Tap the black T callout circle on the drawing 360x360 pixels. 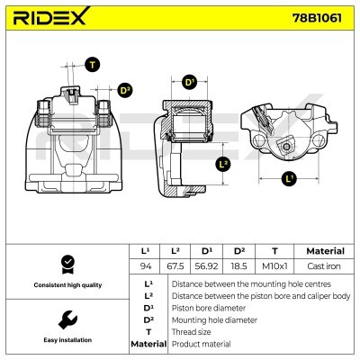coord(93,64)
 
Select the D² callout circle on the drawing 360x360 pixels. coord(125,90)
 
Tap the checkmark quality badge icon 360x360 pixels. coord(66,264)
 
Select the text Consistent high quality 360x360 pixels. coord(66,285)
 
